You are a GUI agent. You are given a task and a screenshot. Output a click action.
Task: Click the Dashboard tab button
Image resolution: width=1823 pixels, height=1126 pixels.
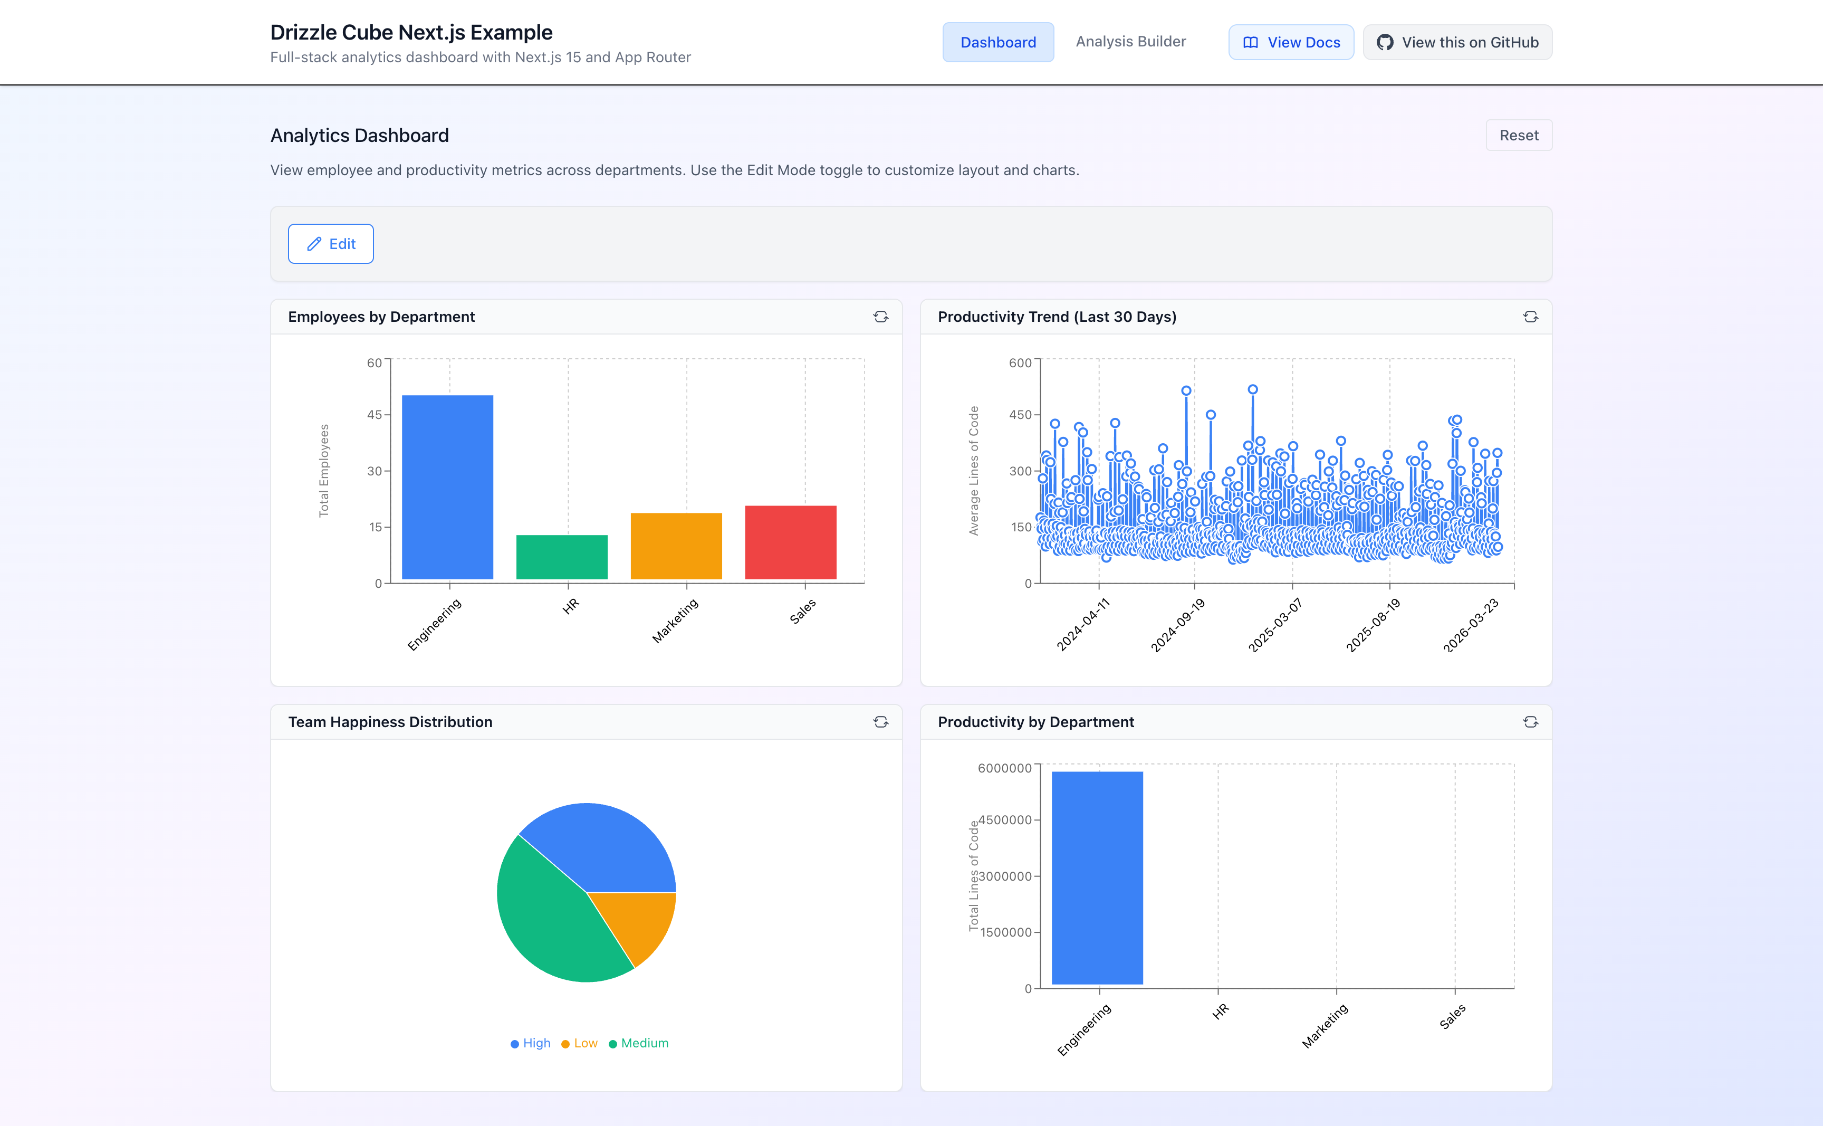[997, 42]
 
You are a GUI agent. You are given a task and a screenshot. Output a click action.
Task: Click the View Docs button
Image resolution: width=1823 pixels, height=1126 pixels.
[1291, 42]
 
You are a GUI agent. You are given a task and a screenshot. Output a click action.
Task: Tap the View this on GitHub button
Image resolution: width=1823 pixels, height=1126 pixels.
[1457, 42]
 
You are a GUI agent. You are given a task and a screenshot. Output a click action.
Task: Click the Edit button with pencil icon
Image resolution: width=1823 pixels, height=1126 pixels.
[331, 244]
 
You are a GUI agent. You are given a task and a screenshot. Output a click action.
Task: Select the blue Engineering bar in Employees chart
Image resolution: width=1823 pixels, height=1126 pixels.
[447, 487]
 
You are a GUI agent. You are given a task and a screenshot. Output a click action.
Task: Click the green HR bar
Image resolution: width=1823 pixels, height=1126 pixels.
[561, 557]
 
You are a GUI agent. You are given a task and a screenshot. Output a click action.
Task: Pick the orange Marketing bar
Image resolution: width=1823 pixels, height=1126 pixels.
[676, 546]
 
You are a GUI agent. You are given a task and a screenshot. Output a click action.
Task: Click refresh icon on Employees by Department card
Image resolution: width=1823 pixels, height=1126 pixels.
[880, 317]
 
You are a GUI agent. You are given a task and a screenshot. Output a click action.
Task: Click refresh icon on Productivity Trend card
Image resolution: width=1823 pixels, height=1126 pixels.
[1530, 317]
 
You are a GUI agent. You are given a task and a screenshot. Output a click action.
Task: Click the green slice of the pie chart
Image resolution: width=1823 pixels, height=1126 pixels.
[551, 916]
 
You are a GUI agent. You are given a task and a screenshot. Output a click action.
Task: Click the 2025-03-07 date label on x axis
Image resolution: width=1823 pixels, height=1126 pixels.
[1274, 626]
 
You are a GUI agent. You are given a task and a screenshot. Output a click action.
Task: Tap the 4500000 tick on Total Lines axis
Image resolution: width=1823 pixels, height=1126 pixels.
[1004, 820]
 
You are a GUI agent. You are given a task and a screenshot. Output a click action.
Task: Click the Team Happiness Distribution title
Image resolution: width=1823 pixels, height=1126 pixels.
[390, 722]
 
